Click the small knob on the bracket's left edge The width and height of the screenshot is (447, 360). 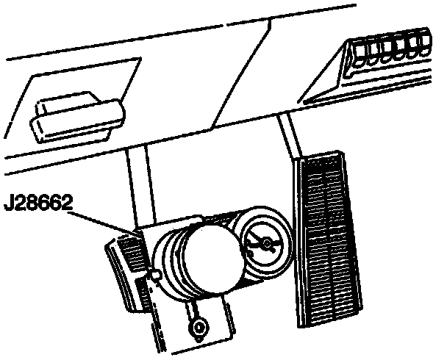pyautogui.click(x=157, y=276)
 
